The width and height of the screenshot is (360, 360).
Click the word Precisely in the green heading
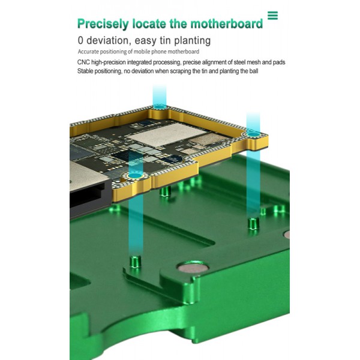coord(101,24)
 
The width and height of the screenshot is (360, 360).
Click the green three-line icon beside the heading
coord(272,16)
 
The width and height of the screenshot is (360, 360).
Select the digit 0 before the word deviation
coord(81,41)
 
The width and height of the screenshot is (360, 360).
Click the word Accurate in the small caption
coord(91,52)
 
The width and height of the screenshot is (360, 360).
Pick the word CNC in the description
coord(85,62)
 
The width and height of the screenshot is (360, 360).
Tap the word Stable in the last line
coord(87,71)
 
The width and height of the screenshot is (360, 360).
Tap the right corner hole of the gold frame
coord(254,133)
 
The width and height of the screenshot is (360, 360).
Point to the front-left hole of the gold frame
coord(133,175)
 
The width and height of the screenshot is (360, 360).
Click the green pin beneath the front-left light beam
coord(135,262)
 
